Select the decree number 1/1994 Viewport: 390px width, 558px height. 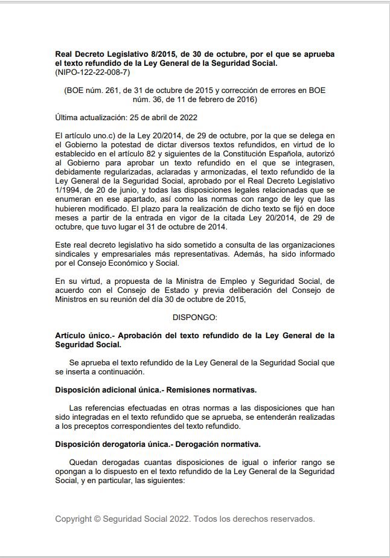[x=68, y=189]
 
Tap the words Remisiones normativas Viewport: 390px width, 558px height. [x=214, y=390]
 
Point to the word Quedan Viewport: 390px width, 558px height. [x=83, y=463]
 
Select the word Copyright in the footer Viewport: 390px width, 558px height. [x=73, y=519]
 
